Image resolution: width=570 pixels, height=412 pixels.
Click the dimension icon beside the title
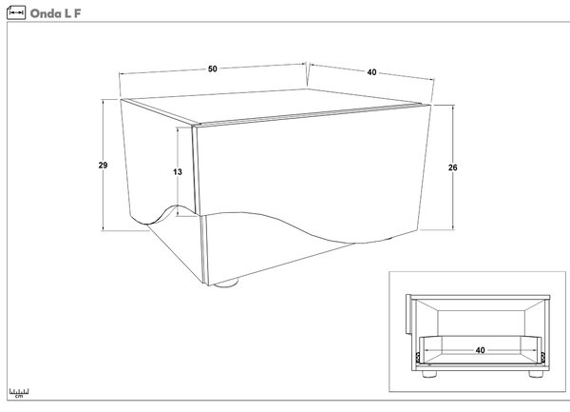[16, 12]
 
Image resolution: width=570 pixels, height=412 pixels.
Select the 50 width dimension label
[213, 69]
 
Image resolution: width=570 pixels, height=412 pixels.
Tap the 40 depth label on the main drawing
[371, 72]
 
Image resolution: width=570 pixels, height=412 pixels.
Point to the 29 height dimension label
[103, 166]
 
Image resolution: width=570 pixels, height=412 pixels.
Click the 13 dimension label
[178, 172]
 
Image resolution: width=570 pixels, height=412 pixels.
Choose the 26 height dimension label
[452, 167]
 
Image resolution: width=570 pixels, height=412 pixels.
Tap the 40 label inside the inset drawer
[480, 350]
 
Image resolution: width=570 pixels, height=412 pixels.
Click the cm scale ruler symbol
[19, 393]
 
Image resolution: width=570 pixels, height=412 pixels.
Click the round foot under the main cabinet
[226, 283]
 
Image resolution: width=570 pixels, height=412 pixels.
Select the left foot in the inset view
[429, 374]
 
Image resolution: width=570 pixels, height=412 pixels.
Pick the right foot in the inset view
[536, 374]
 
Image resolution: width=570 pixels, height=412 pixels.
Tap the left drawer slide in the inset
[418, 358]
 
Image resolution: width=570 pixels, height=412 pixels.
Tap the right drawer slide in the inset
[543, 358]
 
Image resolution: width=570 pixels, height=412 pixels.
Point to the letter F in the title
[78, 13]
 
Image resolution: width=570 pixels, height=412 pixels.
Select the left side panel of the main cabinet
[158, 160]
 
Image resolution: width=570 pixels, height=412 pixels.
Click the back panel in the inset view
[481, 324]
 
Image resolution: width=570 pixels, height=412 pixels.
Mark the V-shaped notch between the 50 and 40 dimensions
[308, 74]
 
